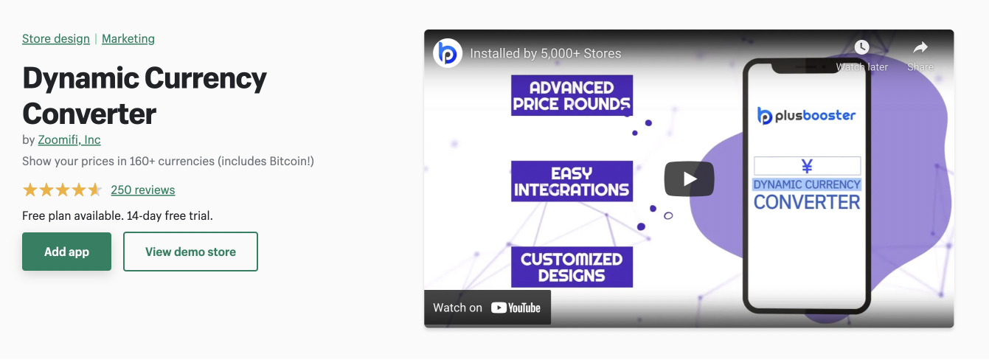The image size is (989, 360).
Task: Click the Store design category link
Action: click(x=56, y=39)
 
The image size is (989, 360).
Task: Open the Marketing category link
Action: click(x=128, y=39)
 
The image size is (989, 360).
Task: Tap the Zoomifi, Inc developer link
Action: click(x=69, y=139)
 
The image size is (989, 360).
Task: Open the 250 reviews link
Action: click(x=142, y=190)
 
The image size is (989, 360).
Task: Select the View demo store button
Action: click(x=190, y=252)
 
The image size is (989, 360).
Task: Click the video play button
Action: click(x=690, y=179)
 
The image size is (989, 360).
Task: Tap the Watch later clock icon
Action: click(x=861, y=46)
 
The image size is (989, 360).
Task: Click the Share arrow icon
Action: click(x=920, y=46)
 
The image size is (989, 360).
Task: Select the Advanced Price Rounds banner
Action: click(x=572, y=95)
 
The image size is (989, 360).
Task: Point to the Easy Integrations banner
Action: click(x=572, y=181)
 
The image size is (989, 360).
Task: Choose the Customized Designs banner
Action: click(x=572, y=267)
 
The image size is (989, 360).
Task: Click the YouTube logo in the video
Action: click(x=516, y=308)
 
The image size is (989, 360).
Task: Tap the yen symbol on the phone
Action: click(x=807, y=167)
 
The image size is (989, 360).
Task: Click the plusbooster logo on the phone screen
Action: click(x=807, y=116)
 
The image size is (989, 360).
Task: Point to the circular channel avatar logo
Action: click(x=447, y=53)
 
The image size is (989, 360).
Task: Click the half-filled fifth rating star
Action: click(x=94, y=190)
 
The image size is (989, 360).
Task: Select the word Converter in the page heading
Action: click(x=89, y=114)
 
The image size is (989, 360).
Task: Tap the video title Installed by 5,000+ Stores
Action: click(x=545, y=53)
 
